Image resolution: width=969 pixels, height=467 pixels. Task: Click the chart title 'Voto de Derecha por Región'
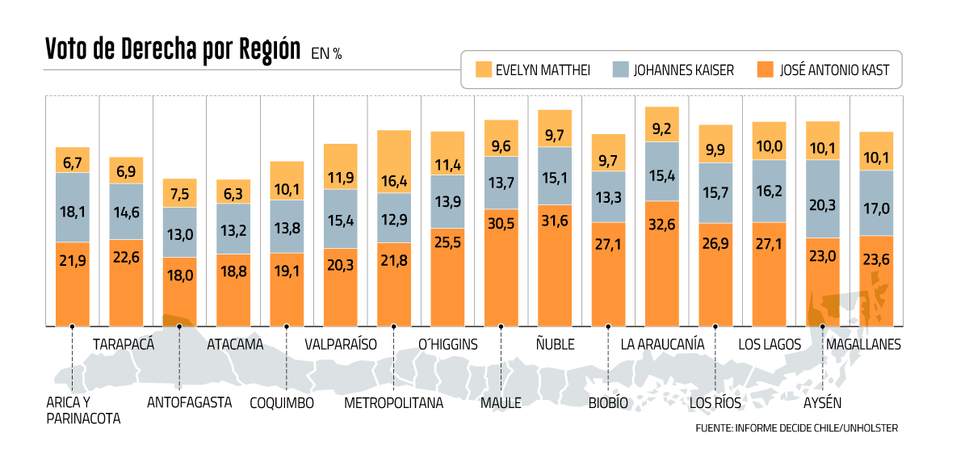pos(173,49)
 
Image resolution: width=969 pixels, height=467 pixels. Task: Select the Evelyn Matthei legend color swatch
pos(483,69)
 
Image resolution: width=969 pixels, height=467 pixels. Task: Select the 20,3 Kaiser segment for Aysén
pos(823,204)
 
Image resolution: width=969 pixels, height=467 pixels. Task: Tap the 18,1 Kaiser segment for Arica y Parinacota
pos(73,212)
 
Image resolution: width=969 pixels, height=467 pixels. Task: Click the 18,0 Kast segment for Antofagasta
pos(179,276)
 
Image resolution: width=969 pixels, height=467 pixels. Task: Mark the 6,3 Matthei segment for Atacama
pos(233,192)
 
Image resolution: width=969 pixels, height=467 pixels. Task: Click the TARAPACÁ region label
pos(124,344)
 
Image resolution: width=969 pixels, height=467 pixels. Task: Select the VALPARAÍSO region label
pos(341,344)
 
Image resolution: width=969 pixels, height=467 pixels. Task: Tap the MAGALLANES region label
pos(862,344)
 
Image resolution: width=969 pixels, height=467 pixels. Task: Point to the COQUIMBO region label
pos(282,402)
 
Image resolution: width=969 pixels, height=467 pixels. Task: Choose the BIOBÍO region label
pos(608,402)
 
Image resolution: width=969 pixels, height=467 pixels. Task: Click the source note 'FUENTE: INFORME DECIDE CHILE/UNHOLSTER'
pos(796,427)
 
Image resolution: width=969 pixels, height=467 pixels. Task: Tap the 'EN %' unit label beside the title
pos(327,54)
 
